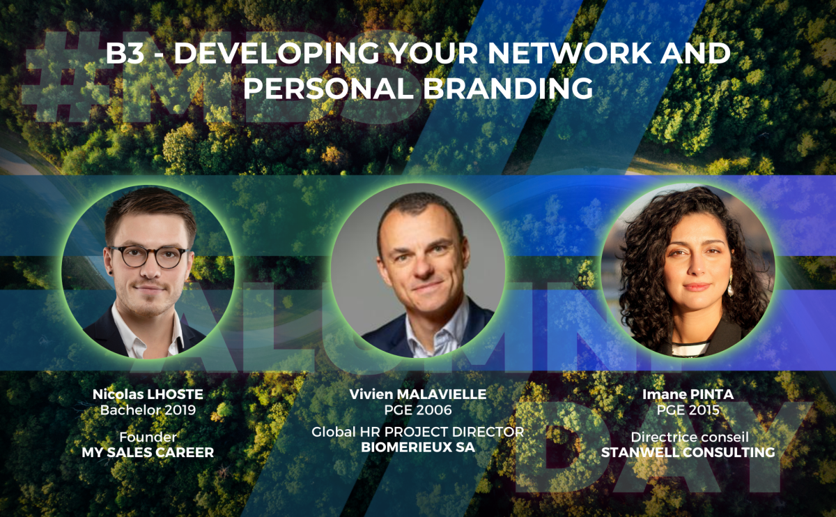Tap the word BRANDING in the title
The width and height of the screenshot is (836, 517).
[508, 88]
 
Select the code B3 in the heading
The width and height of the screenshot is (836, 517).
[125, 53]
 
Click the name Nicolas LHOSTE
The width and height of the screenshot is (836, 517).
[148, 394]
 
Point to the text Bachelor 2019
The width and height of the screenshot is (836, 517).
[148, 410]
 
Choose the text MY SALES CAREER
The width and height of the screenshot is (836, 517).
[148, 452]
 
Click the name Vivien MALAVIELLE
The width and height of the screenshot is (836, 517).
[418, 394]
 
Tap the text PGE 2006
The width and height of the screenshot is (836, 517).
[418, 410]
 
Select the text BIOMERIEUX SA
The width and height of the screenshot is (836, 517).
[418, 447]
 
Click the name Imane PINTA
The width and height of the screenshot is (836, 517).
[688, 394]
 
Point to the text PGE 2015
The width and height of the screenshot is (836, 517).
[688, 410]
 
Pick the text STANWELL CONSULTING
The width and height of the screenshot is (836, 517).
[688, 452]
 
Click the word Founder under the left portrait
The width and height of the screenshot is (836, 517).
[148, 437]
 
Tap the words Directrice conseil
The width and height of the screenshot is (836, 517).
[690, 437]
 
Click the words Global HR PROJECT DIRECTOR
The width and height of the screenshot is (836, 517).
[418, 432]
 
